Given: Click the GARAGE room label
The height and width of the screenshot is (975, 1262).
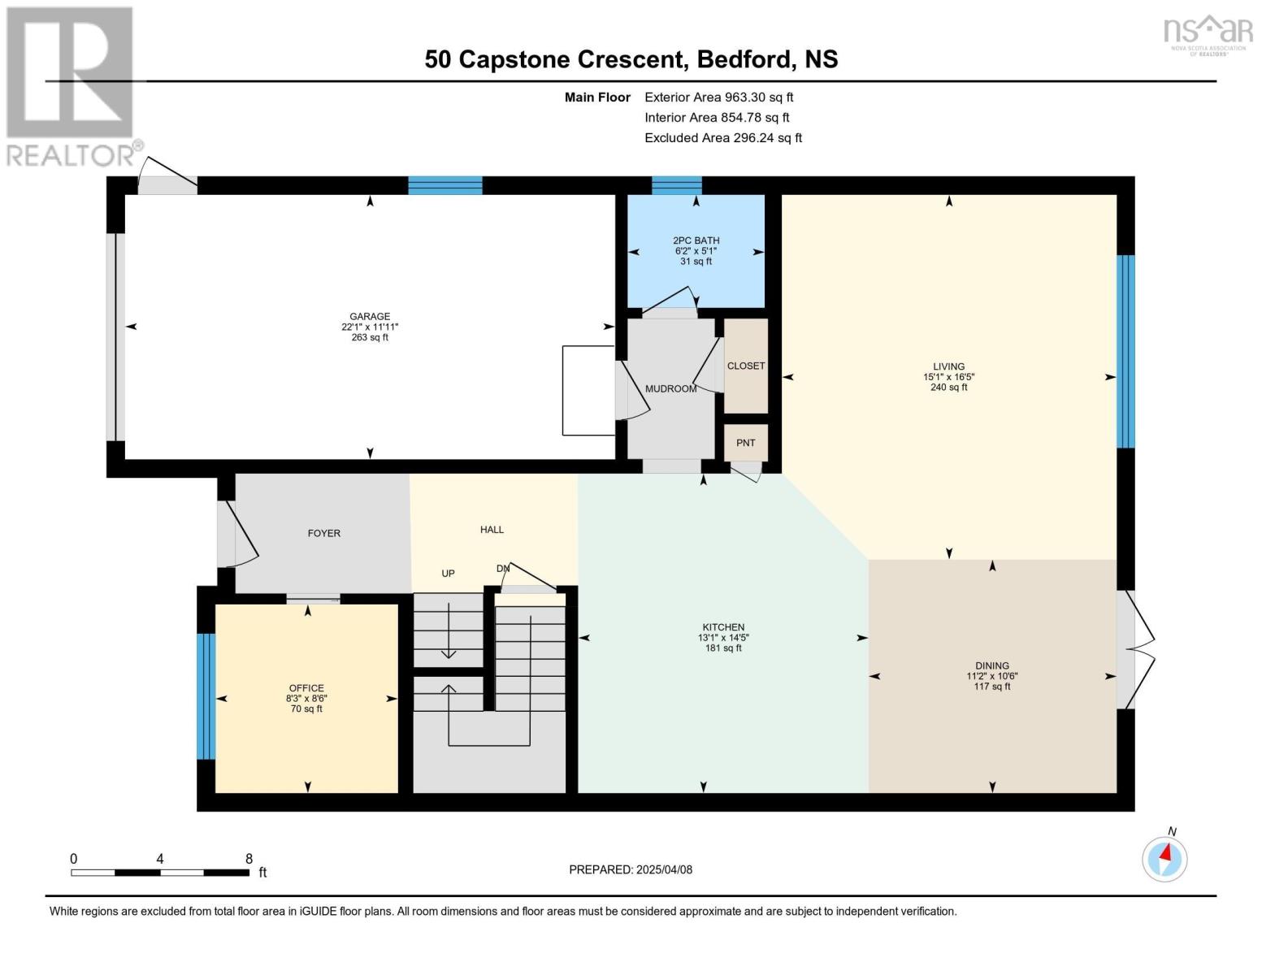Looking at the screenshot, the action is [370, 317].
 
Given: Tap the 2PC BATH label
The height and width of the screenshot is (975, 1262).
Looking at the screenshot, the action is [696, 240].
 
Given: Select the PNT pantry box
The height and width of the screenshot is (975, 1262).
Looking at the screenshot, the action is [746, 443].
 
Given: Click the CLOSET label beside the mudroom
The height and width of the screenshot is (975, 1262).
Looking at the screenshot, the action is [746, 366].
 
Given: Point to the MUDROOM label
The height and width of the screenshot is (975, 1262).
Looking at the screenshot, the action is [670, 389].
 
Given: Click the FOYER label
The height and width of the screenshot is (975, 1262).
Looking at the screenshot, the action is [324, 533].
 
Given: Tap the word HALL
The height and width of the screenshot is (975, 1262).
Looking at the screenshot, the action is [492, 530].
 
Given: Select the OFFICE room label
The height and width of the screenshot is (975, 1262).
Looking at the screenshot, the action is [306, 688].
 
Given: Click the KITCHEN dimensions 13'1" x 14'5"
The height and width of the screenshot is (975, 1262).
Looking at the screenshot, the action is [723, 638].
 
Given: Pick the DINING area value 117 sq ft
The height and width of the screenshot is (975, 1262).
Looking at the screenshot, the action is [992, 687].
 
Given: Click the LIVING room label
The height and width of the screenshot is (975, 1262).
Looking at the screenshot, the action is [949, 366].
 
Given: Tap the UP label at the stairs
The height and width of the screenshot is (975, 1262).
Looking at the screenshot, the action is [448, 574].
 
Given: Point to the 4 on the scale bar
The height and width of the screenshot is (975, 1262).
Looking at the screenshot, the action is [160, 859].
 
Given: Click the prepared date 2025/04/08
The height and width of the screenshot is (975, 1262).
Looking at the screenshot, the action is [664, 870].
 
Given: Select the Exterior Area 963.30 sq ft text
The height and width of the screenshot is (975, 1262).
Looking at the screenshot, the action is [718, 97].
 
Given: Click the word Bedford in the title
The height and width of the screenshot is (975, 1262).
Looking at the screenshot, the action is [743, 59].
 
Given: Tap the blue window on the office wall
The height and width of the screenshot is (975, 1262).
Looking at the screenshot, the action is [206, 696].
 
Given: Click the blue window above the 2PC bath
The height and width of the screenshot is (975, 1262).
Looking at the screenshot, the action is [677, 185].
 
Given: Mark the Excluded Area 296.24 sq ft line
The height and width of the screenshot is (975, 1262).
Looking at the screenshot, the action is [723, 138].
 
